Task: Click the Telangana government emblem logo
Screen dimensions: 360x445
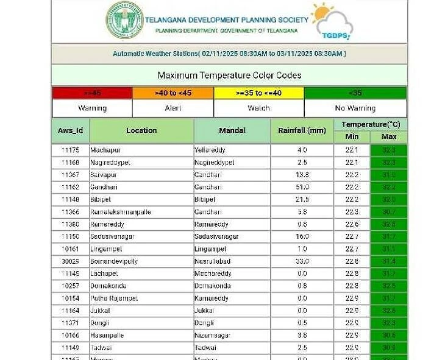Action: [x=125, y=20]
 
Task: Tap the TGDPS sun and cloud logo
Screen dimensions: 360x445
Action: [x=331, y=22]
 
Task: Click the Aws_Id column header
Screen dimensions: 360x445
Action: [x=71, y=130]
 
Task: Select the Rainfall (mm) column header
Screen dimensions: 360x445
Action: [x=302, y=130]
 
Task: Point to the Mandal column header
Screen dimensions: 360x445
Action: [x=232, y=130]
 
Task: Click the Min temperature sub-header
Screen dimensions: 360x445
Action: [x=352, y=136]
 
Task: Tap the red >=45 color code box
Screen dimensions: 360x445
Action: [x=92, y=93]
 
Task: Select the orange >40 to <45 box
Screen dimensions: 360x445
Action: [x=173, y=93]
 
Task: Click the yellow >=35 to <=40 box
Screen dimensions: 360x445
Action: [x=258, y=93]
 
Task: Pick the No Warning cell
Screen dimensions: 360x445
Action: [x=355, y=108]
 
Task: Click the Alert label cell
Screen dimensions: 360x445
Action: [x=173, y=108]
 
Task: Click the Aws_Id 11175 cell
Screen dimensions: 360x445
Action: [x=71, y=150]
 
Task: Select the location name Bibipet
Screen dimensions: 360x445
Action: [x=102, y=199]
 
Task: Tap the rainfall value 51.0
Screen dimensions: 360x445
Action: [x=302, y=187]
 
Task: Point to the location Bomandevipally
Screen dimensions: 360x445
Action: [x=114, y=261]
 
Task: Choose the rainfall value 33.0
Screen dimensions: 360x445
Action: [x=302, y=261]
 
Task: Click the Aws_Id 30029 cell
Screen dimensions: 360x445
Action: [x=71, y=261]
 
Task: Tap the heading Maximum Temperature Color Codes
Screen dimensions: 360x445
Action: [x=229, y=76]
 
